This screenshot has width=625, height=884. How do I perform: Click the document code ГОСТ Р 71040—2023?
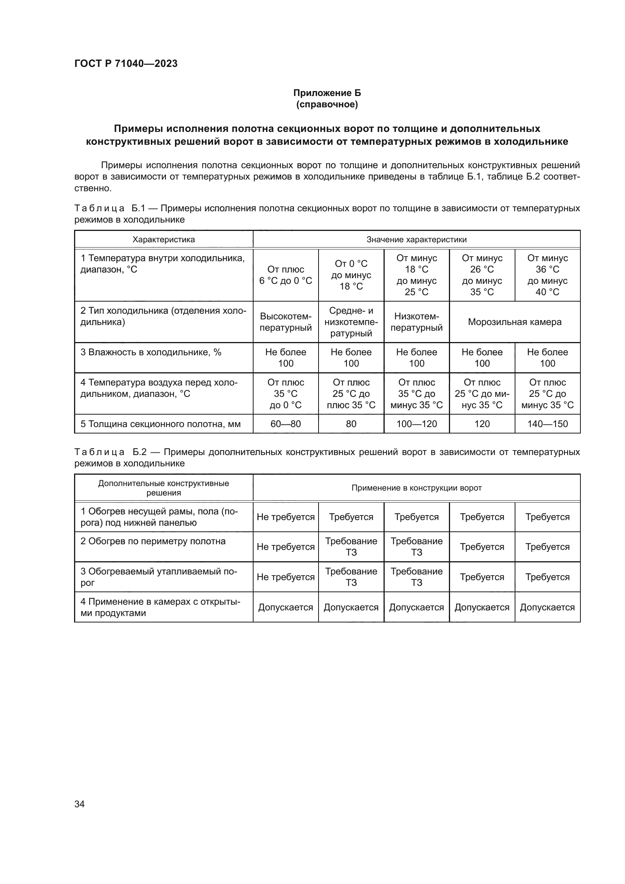(126, 63)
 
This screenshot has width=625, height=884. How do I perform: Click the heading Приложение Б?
(327, 93)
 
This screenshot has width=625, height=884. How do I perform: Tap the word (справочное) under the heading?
(327, 104)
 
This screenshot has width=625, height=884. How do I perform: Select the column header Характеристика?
(164, 240)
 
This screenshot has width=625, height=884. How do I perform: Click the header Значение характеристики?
(416, 240)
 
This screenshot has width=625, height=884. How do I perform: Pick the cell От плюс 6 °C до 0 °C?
(286, 275)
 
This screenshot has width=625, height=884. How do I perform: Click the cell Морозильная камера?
(515, 322)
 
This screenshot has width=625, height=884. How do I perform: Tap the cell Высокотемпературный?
(286, 322)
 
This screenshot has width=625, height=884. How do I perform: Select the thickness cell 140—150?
(547, 424)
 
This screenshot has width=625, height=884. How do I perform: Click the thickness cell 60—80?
(286, 424)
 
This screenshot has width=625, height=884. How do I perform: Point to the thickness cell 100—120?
(416, 424)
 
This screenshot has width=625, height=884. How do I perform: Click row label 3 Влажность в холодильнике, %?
(151, 352)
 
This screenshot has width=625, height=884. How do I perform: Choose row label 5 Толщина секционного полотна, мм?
(161, 424)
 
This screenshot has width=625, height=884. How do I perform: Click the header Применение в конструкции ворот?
(416, 488)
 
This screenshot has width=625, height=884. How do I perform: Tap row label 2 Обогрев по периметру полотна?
(153, 541)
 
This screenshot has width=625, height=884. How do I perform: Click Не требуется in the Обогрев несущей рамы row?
(286, 517)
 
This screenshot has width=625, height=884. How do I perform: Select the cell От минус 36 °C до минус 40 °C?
(547, 275)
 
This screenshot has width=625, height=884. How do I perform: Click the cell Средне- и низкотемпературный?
(351, 322)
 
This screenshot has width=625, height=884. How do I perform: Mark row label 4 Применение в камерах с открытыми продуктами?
(160, 607)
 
